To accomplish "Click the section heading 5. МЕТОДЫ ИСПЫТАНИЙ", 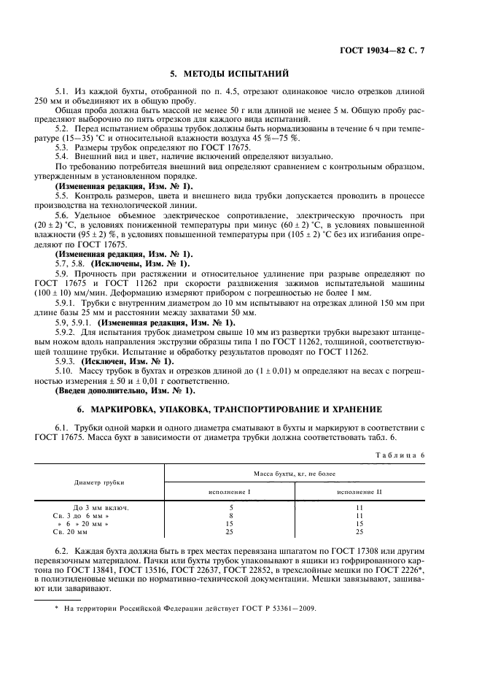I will (230, 74).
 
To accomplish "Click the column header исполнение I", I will (230, 493).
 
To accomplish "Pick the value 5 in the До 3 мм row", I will (230, 506).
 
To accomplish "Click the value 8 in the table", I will (230, 515).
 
